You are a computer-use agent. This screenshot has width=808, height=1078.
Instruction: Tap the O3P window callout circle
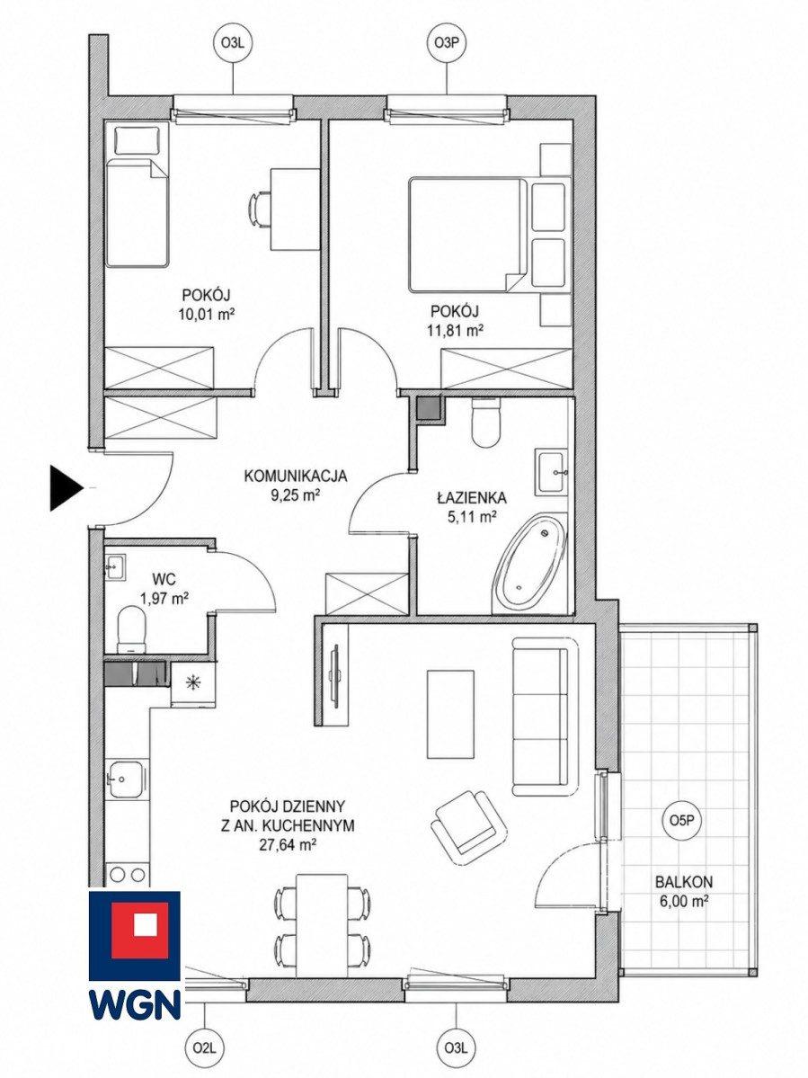(448, 42)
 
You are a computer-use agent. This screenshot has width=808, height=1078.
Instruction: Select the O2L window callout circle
(206, 1047)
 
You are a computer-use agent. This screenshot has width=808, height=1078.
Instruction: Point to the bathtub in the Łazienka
(529, 562)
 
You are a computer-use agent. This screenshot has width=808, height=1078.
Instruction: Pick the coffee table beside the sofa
(450, 714)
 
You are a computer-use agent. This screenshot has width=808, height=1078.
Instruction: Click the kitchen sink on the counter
(125, 780)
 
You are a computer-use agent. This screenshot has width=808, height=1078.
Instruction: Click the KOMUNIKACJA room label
(296, 476)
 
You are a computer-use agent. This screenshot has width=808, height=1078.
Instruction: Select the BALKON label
(683, 881)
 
